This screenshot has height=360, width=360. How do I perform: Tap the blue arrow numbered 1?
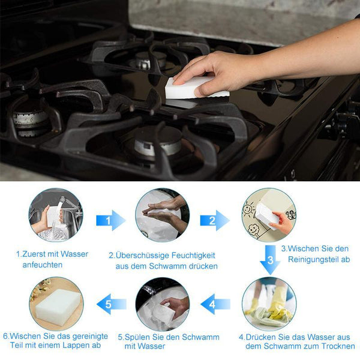click(x=111, y=220)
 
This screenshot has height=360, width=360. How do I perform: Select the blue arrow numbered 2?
click(x=215, y=220)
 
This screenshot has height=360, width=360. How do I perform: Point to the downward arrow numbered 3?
click(x=270, y=260)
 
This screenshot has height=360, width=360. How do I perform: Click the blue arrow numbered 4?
click(x=215, y=304)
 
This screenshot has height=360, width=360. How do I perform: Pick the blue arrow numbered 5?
click(x=112, y=304)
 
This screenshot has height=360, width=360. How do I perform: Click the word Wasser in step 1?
click(x=74, y=254)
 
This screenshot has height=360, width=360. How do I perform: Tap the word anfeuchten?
click(x=43, y=265)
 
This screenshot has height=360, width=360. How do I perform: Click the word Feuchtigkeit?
click(x=193, y=256)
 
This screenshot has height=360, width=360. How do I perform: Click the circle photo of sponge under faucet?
click(x=56, y=215)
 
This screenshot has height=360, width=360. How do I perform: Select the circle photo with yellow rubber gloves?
click(x=269, y=304)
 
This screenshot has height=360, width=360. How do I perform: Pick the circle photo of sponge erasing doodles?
click(x=269, y=215)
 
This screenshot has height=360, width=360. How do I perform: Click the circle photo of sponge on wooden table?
click(x=56, y=304)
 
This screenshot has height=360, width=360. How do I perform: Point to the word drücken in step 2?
click(x=203, y=266)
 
